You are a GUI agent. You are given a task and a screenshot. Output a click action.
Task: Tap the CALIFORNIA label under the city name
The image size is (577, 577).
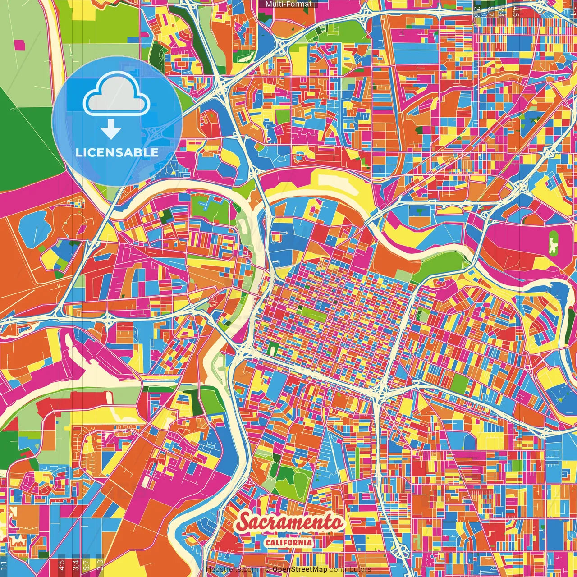coord(288,542)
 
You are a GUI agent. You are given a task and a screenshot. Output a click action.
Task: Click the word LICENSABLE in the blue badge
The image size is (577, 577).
coord(117,152)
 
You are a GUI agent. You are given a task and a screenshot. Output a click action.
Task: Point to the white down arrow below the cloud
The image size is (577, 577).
coord(110,130)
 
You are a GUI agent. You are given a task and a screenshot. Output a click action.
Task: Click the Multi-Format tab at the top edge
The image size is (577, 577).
coord(288,4)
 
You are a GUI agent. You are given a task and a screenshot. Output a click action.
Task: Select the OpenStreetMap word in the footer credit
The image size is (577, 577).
coord(300,569)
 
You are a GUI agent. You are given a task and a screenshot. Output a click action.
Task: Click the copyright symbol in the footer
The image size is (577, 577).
coord(267,569)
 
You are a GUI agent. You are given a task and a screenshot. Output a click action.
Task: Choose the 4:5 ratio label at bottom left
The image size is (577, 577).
coord(61,564)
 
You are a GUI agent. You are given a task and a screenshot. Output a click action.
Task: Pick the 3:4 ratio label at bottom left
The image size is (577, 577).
coord(75,564)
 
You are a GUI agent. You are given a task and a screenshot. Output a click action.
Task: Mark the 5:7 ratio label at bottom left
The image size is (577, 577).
coord(87,564)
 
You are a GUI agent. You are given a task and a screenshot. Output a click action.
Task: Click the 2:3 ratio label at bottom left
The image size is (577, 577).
coord(100,564)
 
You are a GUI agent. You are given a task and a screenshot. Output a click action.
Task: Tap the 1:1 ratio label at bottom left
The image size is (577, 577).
coord(4,564)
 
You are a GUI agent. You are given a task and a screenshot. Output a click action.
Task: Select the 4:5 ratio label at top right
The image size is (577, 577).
coord(516,12)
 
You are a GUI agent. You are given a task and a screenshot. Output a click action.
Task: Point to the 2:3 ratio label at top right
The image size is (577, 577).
coord(477,12)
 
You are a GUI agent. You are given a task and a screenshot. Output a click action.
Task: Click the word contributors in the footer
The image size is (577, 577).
coord(350,569)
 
